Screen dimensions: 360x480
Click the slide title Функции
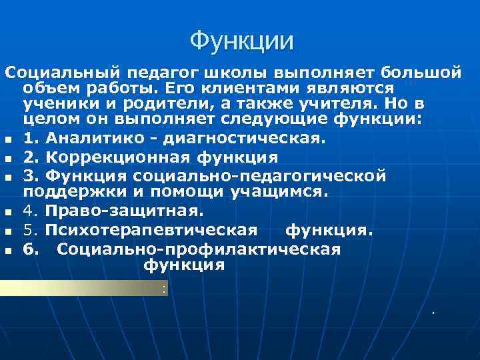[x=241, y=41]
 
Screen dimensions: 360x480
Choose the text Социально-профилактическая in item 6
[x=199, y=249]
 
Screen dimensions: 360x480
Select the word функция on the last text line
[x=185, y=265]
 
